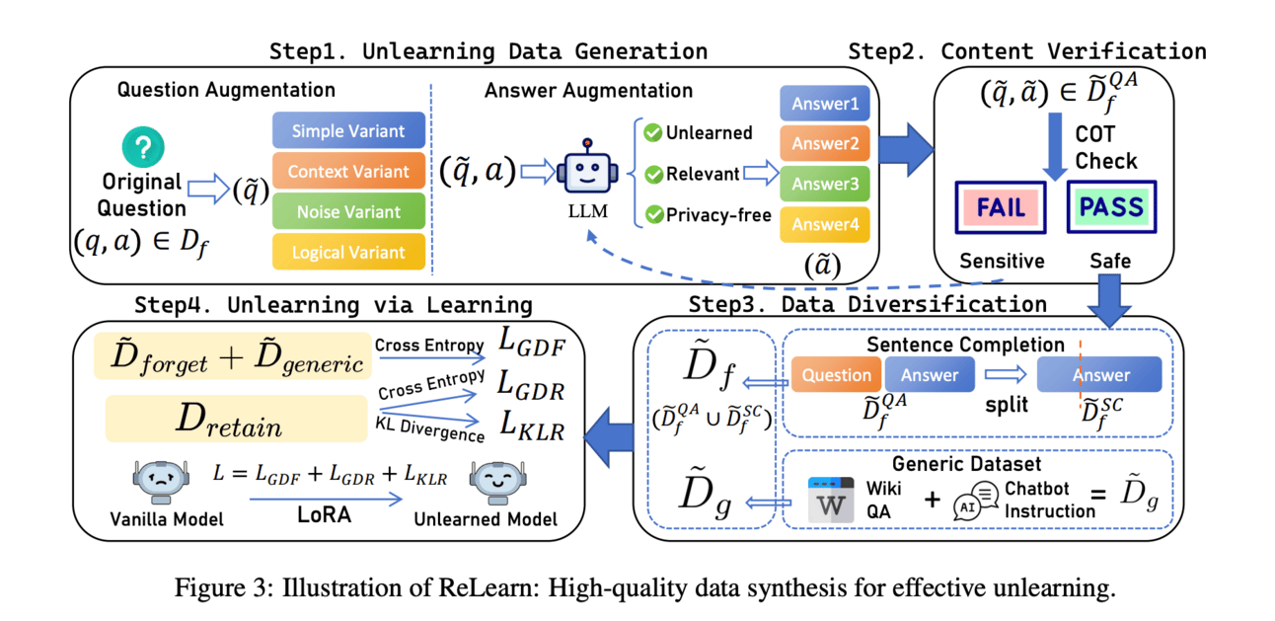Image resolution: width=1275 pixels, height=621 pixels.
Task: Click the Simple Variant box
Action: pyautogui.click(x=348, y=131)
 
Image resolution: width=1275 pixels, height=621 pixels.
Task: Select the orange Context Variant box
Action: pyautogui.click(x=348, y=172)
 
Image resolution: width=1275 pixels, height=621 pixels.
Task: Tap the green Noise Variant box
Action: pyautogui.click(x=348, y=211)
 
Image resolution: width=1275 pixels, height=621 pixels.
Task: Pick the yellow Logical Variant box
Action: pyautogui.click(x=348, y=252)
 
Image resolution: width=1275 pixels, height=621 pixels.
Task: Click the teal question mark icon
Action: pyautogui.click(x=143, y=148)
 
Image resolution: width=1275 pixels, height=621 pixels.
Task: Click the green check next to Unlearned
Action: pyautogui.click(x=651, y=132)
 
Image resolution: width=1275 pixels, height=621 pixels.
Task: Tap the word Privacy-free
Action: pyautogui.click(x=718, y=215)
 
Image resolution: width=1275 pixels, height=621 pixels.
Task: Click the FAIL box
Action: pyautogui.click(x=1002, y=208)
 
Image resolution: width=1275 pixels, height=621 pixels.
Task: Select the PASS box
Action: pyautogui.click(x=1110, y=208)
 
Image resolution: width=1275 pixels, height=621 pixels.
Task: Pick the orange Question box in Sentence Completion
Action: pyautogui.click(x=837, y=375)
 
